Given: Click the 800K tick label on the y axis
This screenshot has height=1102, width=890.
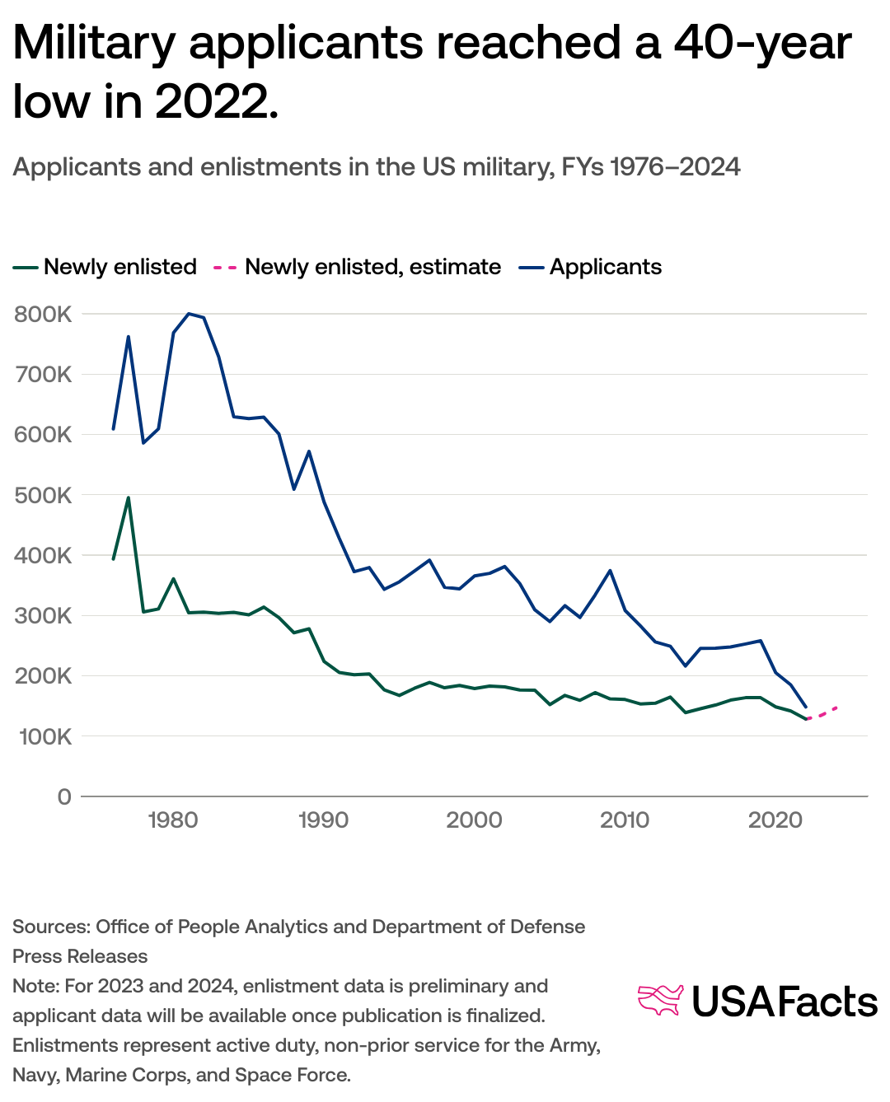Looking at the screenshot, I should pos(43,315).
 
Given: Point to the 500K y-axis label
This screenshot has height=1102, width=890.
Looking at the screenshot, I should pos(43,496).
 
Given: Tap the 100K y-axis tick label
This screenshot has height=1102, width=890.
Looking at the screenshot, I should pos(43,737).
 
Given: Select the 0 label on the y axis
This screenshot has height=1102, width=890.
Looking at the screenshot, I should pos(64,797).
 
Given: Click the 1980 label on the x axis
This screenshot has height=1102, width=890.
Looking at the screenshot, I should pos(172,820).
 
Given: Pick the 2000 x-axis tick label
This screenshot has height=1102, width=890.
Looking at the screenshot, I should pos(474,820).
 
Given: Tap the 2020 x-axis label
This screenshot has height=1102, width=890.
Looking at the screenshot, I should pos(775,820).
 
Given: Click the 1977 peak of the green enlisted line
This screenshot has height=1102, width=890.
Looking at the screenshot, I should pos(129,497).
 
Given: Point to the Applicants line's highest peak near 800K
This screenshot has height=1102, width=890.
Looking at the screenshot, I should pos(189,314).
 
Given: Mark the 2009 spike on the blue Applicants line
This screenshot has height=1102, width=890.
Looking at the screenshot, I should pos(610,571).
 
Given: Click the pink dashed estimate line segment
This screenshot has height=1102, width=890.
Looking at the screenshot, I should pos(822,713).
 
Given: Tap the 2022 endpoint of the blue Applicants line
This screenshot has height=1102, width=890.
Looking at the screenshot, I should pos(805,707).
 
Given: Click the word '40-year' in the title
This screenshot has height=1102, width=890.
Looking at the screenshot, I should pos(762,43).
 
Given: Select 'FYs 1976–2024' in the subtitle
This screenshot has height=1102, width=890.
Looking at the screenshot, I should pos(650,167).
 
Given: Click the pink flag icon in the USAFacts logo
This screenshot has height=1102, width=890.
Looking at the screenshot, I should pos(660,1000).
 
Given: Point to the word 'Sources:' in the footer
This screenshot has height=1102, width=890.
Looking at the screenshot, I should pos(51,927).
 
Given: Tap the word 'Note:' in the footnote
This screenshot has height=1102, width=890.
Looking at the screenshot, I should pos(35,986).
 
